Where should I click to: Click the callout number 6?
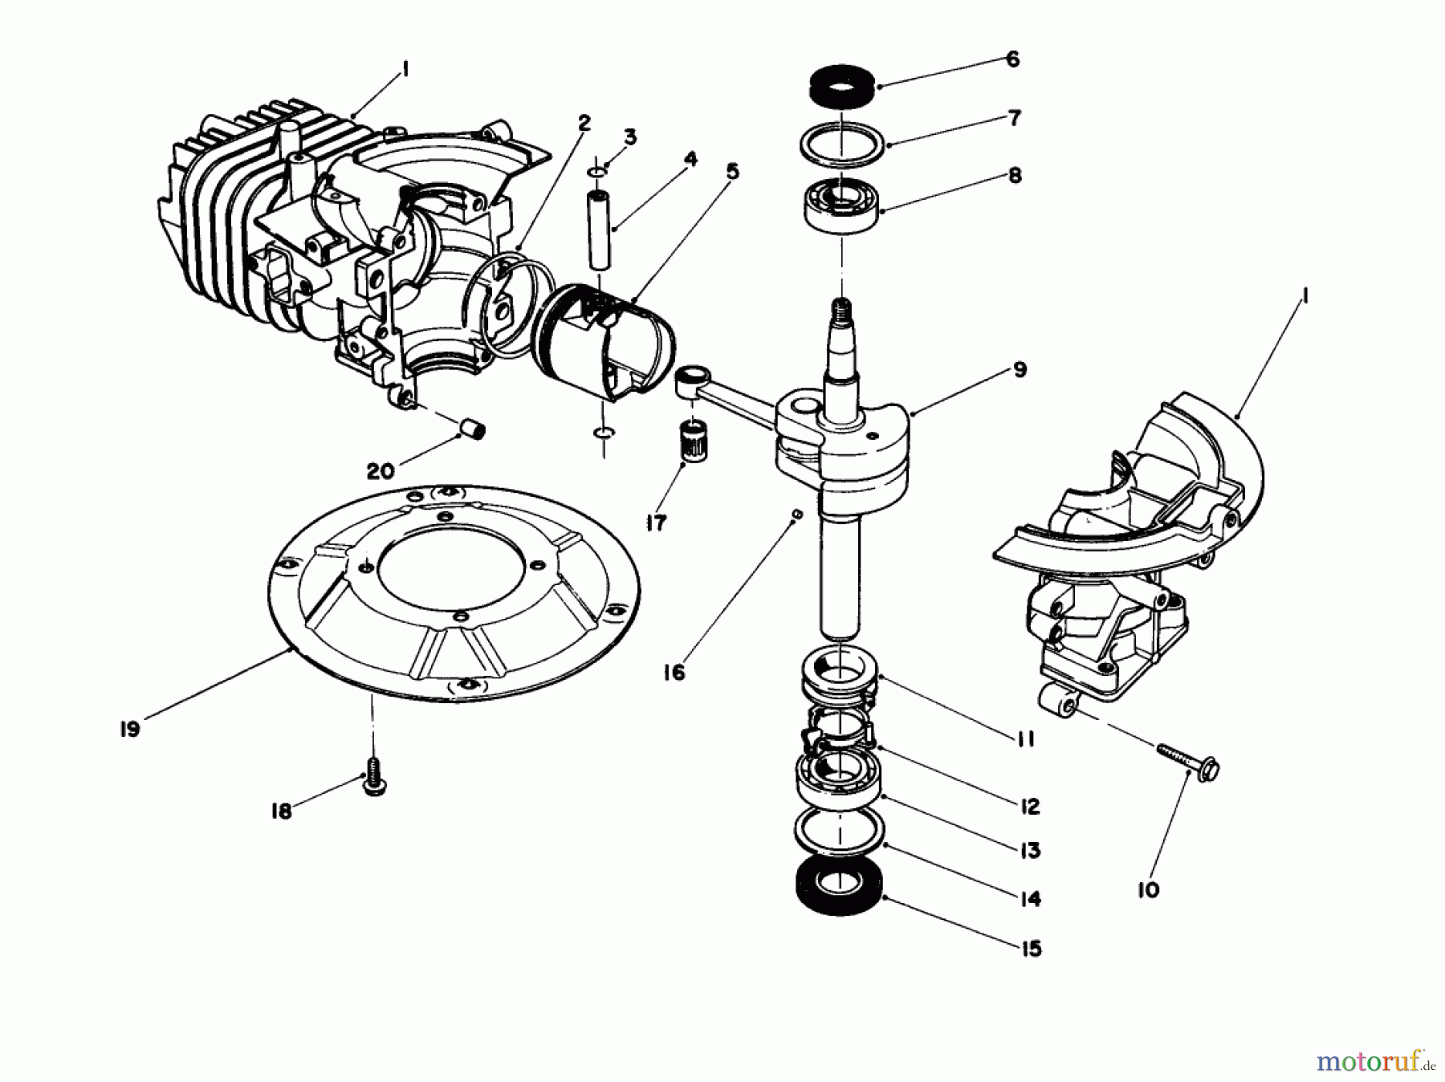[x=1012, y=59]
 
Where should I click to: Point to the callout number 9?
[x=1019, y=370]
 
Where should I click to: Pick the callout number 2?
[x=584, y=123]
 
